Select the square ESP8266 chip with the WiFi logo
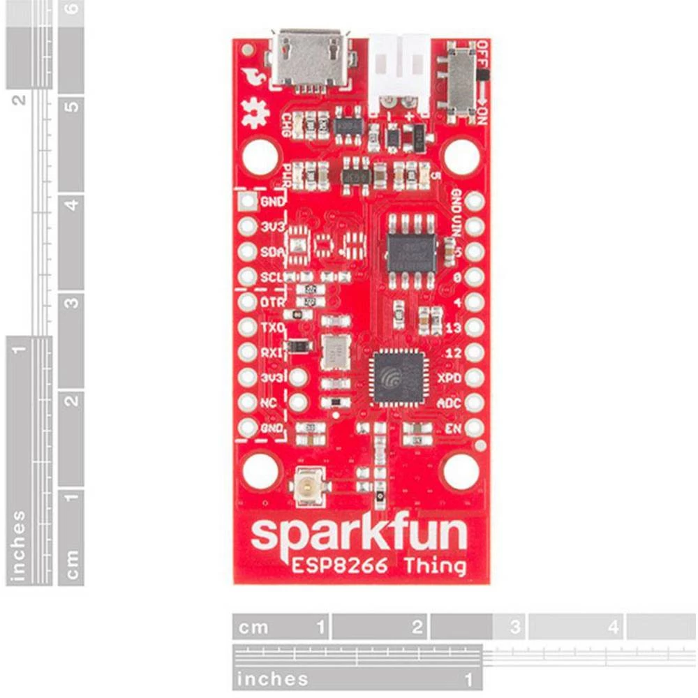point(399,377)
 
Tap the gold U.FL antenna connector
point(306,487)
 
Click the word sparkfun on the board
point(359,534)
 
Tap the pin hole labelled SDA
point(247,252)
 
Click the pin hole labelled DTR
point(247,302)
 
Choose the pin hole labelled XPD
point(475,378)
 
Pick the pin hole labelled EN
point(475,427)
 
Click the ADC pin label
point(449,403)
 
